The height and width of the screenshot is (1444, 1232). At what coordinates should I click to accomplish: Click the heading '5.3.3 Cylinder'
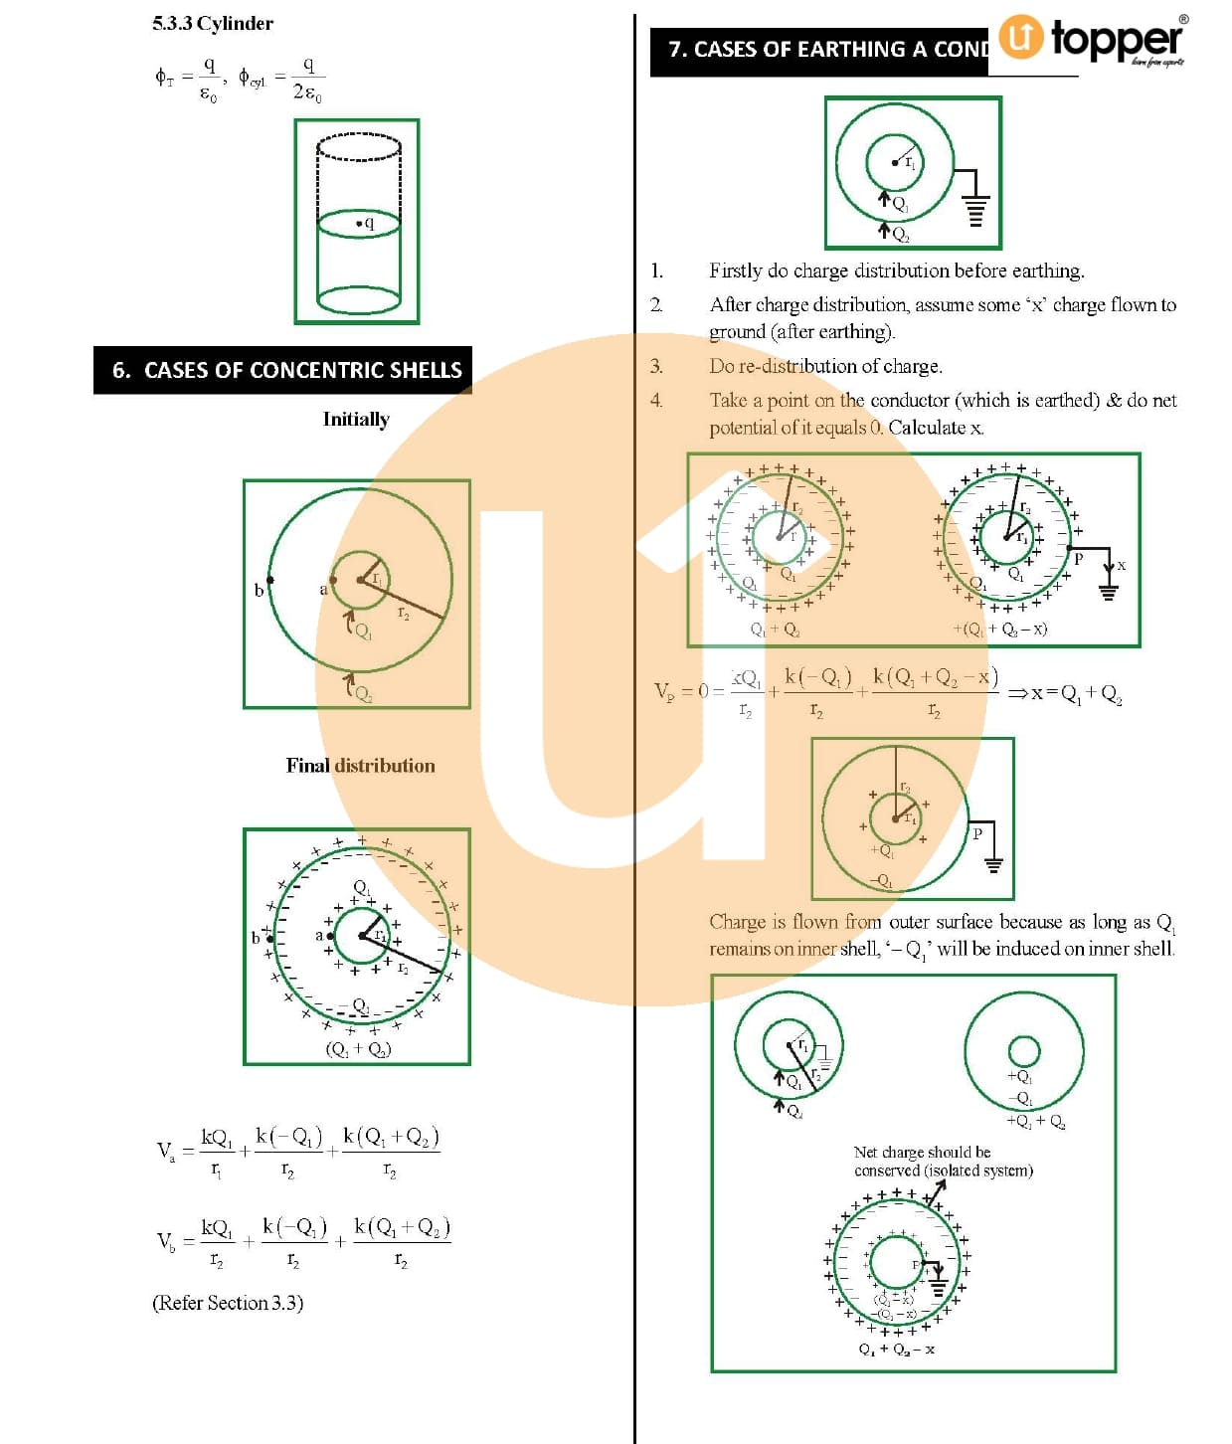212,24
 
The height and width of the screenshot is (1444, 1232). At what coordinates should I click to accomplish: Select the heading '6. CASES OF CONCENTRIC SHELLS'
286,370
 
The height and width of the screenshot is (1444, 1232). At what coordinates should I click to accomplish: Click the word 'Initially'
355,419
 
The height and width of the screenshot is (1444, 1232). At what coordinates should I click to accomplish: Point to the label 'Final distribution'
360,765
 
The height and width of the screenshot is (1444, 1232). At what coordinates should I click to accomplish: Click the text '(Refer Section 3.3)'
227,1302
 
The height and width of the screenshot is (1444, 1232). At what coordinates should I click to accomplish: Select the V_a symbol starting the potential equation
165,1151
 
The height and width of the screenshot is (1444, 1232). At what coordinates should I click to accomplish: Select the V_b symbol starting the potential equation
165,1240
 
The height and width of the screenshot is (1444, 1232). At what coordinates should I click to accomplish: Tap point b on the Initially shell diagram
269,581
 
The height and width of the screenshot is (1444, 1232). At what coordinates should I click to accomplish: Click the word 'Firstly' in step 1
735,271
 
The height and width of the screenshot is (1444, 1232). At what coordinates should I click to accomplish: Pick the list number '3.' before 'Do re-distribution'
656,366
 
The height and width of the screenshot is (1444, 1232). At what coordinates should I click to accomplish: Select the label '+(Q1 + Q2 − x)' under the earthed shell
999,629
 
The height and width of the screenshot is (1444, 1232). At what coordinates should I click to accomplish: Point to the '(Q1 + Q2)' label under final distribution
358,1048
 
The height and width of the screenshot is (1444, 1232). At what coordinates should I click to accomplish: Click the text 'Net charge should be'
922,1152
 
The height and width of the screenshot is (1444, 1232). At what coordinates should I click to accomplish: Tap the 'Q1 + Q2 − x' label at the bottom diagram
896,1350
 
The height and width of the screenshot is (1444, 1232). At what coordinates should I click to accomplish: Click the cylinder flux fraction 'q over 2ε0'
307,79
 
